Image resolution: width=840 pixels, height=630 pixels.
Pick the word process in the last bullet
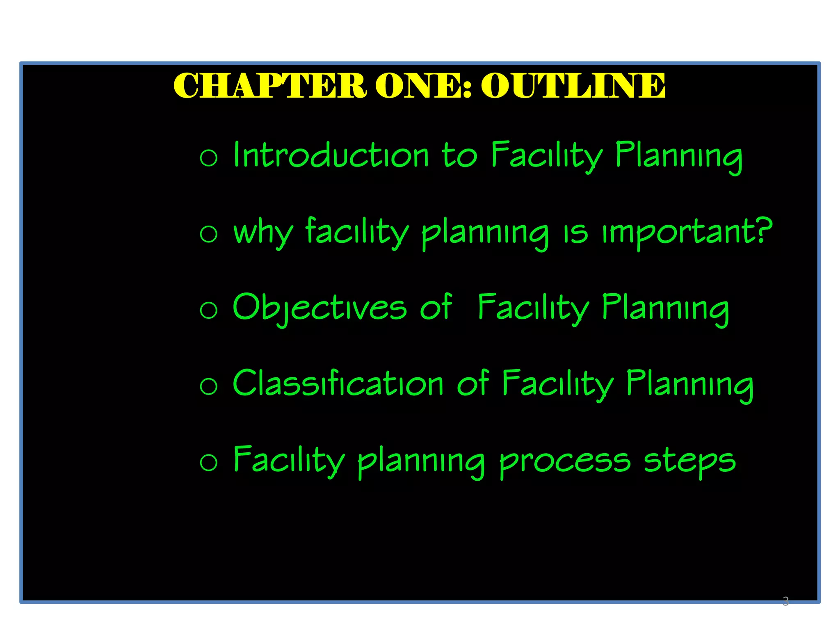pos(565,461)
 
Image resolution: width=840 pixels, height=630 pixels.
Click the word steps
pos(690,461)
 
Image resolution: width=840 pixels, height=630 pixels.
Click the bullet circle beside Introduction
pos(208,158)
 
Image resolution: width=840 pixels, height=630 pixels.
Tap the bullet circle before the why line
pos(208,234)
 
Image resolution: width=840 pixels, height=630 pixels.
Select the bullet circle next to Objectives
pos(208,310)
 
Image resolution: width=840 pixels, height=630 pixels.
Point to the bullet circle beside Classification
pos(208,386)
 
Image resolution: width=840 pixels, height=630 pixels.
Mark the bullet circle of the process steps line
pos(208,463)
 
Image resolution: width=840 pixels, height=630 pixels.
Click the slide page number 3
pos(785,601)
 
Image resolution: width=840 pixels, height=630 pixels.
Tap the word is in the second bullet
pos(575,232)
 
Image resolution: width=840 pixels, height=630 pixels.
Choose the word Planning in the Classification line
pos(690,385)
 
